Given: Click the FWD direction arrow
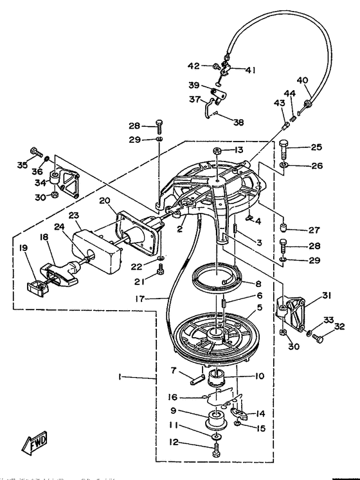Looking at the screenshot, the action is click(35, 442).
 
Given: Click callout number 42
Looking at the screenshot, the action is click(194, 66).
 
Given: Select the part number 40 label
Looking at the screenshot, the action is click(303, 80).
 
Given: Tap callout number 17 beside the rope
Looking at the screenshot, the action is click(139, 299).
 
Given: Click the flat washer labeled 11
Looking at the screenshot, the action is click(217, 436).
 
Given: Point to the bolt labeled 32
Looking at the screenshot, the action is click(317, 338).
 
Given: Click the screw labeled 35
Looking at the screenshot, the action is click(36, 151).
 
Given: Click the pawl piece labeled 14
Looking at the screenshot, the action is click(240, 412).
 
